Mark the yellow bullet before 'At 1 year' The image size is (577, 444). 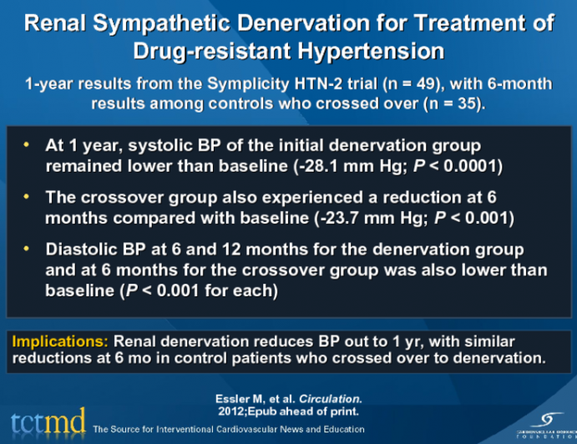tap(27, 145)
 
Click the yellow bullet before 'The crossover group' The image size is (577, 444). tap(27, 198)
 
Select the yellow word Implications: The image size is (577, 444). tap(58, 342)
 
